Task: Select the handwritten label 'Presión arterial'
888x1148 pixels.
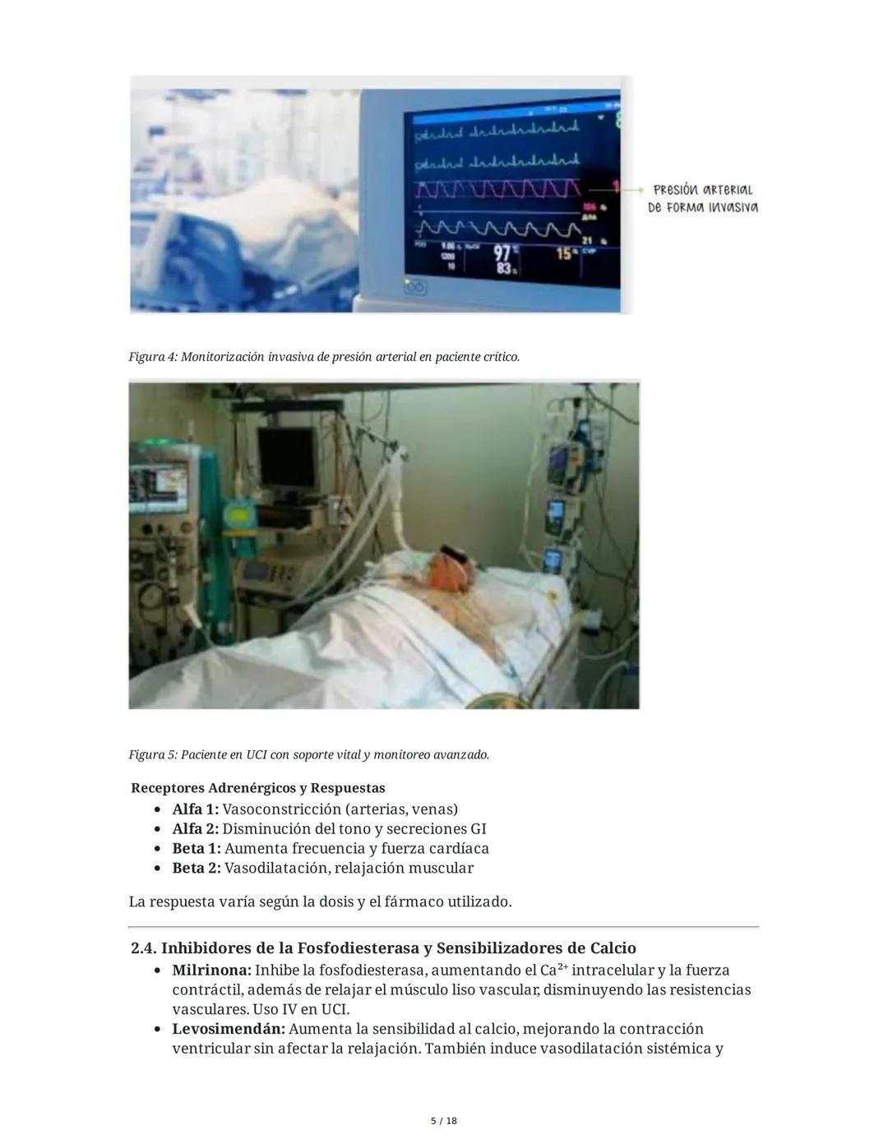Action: pos(703,190)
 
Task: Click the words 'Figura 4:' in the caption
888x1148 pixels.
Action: pos(153,357)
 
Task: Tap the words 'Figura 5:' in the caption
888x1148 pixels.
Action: pos(153,754)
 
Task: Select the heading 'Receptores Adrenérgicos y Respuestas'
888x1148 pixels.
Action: pos(257,788)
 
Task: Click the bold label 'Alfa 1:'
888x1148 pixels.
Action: pos(195,809)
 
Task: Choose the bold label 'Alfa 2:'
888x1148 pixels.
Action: pos(195,829)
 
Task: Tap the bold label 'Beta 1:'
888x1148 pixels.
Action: pos(196,849)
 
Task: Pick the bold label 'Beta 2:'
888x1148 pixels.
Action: pos(196,869)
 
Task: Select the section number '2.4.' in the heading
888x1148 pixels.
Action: pos(143,948)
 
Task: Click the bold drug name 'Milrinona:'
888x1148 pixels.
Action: pos(211,970)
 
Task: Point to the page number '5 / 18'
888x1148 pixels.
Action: pos(444,1121)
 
